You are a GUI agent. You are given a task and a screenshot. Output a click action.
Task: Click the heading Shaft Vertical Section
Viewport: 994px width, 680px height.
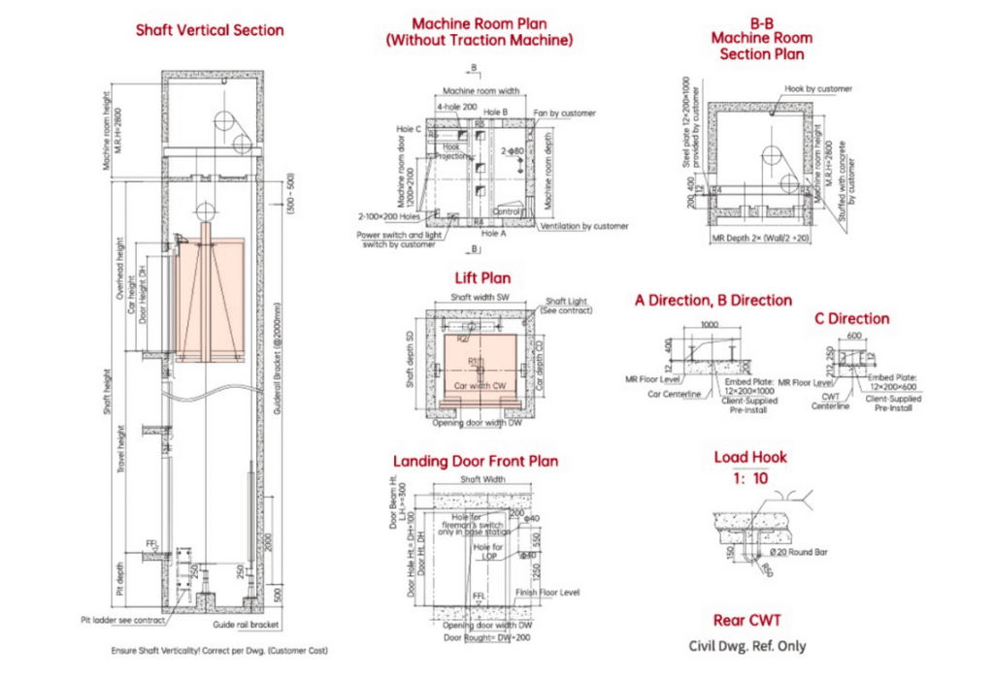(x=210, y=30)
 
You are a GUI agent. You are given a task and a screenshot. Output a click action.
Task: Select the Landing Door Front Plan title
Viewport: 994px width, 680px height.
(x=475, y=461)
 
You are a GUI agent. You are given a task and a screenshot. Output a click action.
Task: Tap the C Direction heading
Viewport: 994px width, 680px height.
(x=850, y=318)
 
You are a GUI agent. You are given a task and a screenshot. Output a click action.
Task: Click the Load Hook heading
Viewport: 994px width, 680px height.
(x=750, y=457)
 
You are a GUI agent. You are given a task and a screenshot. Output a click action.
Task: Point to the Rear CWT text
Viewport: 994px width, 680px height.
(x=746, y=620)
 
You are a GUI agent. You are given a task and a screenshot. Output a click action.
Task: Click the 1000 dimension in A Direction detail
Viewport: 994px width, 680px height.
(x=711, y=325)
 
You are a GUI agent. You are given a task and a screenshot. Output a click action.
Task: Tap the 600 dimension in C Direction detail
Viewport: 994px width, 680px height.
(x=854, y=337)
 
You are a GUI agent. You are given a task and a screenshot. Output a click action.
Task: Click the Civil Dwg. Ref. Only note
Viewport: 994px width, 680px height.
(x=746, y=646)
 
